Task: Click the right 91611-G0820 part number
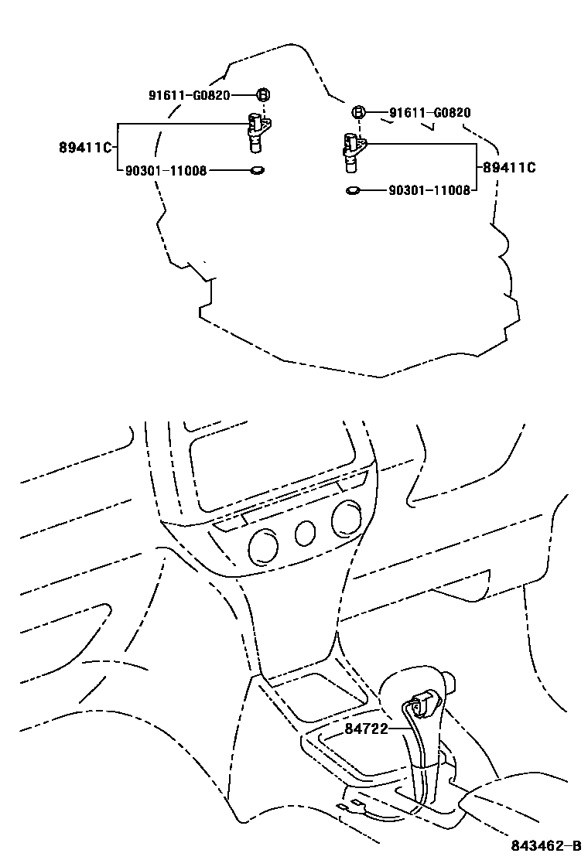(x=429, y=113)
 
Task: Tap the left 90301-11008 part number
(x=166, y=171)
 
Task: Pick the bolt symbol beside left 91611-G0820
(x=263, y=95)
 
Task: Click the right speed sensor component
(x=353, y=152)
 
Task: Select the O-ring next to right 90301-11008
(x=353, y=189)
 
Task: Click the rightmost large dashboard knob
(x=344, y=520)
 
